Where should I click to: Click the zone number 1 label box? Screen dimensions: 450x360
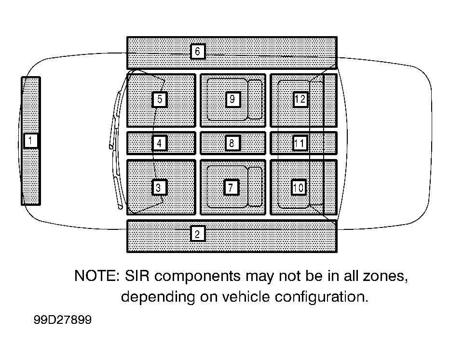pyautogui.click(x=30, y=141)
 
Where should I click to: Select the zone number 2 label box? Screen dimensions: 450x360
pyautogui.click(x=197, y=234)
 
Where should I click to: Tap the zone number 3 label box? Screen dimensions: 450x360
pyautogui.click(x=159, y=187)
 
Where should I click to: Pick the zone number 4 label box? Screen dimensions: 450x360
pyautogui.click(x=160, y=143)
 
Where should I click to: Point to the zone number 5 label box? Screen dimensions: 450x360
pyautogui.click(x=160, y=99)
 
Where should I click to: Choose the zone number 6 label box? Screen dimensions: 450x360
pyautogui.click(x=198, y=52)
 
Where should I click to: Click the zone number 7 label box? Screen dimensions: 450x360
pyautogui.click(x=232, y=187)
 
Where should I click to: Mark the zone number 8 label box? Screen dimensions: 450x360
pyautogui.click(x=232, y=143)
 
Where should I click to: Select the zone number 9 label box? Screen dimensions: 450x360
pyautogui.click(x=233, y=99)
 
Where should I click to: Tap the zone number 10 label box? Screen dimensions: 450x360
pyautogui.click(x=299, y=187)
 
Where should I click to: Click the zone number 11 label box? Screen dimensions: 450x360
pyautogui.click(x=300, y=143)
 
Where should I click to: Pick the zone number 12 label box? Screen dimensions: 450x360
pyautogui.click(x=300, y=99)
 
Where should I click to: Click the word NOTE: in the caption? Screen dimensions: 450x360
pyautogui.click(x=97, y=276)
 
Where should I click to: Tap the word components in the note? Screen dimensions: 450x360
pyautogui.click(x=197, y=277)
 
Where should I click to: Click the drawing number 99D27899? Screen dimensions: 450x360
pyautogui.click(x=63, y=320)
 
